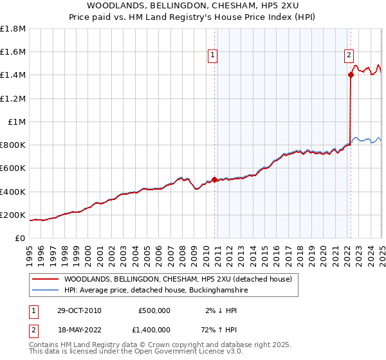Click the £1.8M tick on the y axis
pos(13,29)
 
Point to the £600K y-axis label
pos(13,168)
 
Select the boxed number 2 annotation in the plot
pos(349,55)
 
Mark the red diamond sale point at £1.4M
pos(351,75)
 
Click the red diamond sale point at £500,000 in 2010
pos(215,179)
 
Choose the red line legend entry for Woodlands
pos(178,279)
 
